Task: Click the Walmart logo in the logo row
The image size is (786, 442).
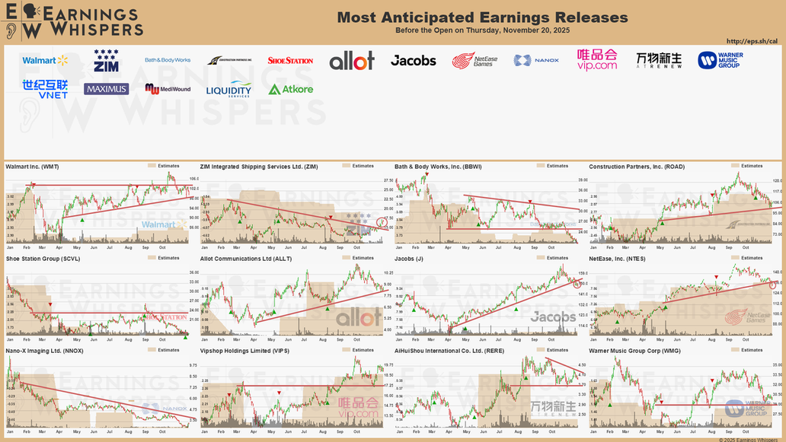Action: click(x=45, y=60)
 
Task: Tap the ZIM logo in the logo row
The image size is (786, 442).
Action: click(x=106, y=60)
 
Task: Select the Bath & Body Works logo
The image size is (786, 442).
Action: click(x=168, y=60)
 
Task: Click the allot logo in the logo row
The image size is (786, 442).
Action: click(x=352, y=61)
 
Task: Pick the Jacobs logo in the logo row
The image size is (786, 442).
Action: click(x=413, y=60)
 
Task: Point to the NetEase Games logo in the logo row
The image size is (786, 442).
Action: click(x=473, y=60)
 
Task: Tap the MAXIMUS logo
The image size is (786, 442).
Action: click(x=106, y=89)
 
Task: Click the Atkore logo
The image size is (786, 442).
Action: click(x=290, y=89)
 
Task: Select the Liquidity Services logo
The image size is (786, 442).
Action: click(x=228, y=89)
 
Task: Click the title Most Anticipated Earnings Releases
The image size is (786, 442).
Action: click(x=482, y=17)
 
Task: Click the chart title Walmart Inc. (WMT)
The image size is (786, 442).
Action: click(x=32, y=166)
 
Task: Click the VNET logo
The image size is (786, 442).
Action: click(x=45, y=89)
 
